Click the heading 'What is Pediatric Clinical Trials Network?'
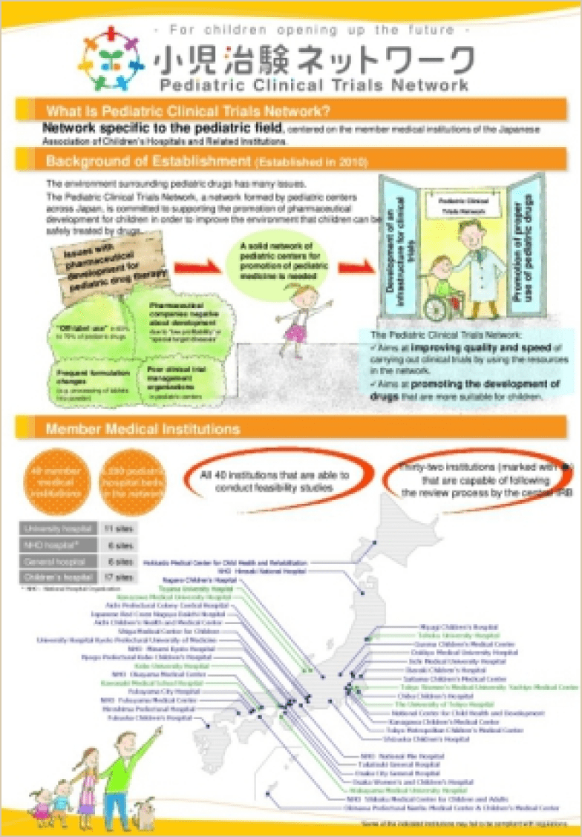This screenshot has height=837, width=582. pos(189,112)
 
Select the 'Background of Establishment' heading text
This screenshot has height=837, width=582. pos(148,161)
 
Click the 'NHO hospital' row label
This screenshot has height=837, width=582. pos(56,545)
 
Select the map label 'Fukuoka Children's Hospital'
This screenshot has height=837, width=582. pos(159,719)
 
